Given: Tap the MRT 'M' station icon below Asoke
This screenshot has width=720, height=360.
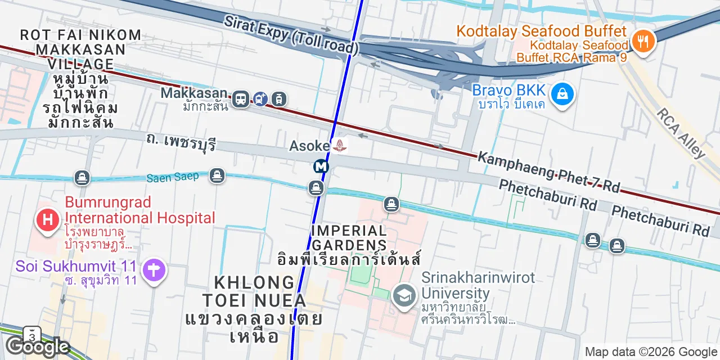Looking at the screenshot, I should click(x=321, y=166).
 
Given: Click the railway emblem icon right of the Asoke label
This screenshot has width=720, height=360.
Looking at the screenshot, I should click(x=340, y=146).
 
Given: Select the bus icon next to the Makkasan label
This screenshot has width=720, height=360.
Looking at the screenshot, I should click(x=241, y=100).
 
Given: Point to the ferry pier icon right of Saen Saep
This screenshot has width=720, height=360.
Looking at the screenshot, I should click(x=217, y=176).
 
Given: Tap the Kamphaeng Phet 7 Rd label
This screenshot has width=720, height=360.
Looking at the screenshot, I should click(x=548, y=172).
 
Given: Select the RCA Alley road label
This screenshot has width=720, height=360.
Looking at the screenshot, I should click(x=680, y=132).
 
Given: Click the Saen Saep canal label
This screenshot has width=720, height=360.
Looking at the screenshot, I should click(x=173, y=177).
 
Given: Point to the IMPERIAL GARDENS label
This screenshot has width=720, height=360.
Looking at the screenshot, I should click(x=349, y=238).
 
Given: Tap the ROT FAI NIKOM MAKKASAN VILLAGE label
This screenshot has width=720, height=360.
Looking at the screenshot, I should click(x=80, y=49).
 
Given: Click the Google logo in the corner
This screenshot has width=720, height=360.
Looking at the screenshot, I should click(x=38, y=346).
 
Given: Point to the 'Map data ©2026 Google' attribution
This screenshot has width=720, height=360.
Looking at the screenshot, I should click(x=651, y=352).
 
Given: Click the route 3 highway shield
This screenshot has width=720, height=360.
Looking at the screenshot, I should click(x=32, y=335).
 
